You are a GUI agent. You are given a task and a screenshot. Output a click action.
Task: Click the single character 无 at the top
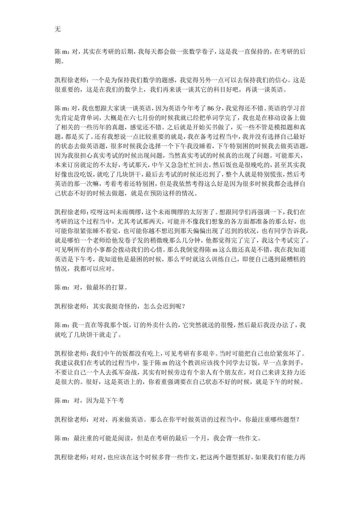[x=58, y=29]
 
